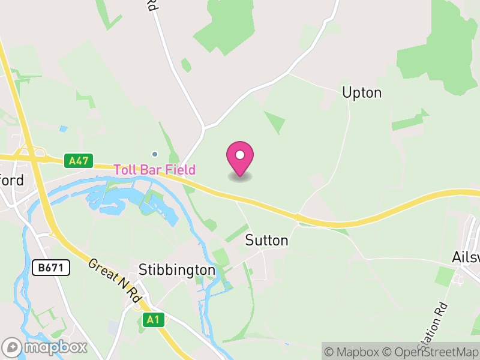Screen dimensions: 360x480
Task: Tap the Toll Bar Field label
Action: point(155,170)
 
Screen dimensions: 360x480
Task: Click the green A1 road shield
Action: point(153,320)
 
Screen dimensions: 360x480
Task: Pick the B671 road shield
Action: point(52,268)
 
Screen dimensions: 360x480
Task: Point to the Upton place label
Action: point(362,92)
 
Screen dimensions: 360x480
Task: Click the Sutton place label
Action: point(267,241)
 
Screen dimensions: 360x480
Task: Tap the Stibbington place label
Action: point(176,270)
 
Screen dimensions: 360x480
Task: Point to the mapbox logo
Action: point(45,347)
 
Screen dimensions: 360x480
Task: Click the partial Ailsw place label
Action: point(466,257)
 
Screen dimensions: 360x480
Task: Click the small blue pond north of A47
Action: point(64,128)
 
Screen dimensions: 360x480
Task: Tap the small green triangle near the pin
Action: point(275,122)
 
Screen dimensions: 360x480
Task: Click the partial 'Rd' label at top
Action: point(152,5)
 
